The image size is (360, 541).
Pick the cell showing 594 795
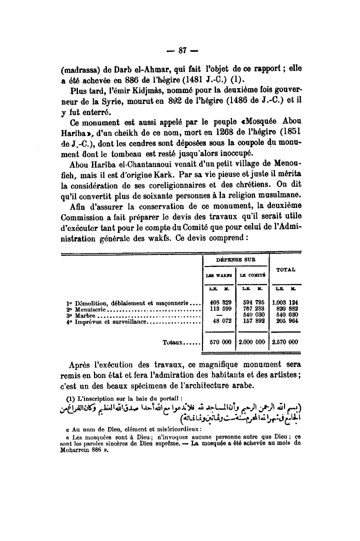click(x=252, y=302)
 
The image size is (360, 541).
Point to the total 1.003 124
click(x=285, y=302)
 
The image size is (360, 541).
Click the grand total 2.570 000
click(x=285, y=342)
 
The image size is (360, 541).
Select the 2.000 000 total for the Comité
click(x=252, y=342)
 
